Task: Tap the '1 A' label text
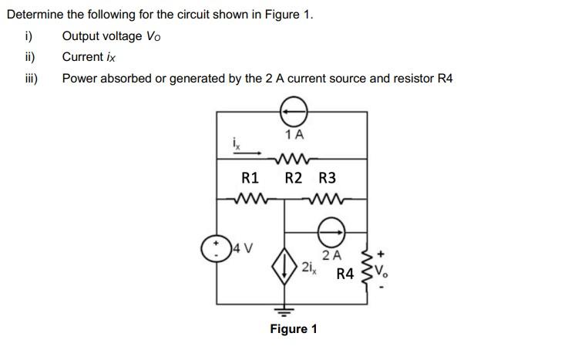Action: [x=294, y=135]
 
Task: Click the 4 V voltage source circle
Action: [x=217, y=248]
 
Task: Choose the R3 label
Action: [x=327, y=178]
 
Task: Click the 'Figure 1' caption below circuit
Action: [x=293, y=330]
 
